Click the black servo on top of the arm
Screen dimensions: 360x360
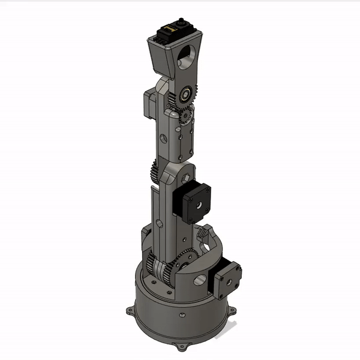click(175, 33)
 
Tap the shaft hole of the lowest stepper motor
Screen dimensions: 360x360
click(229, 283)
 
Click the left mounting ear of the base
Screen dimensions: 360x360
click(130, 312)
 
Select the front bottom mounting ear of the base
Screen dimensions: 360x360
click(180, 346)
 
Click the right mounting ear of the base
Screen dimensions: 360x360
click(233, 310)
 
